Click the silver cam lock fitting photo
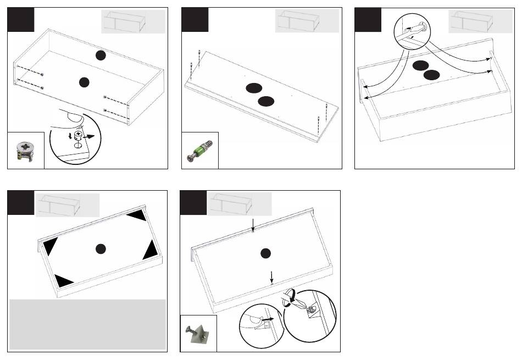(25, 150)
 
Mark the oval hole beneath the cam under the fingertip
(79, 146)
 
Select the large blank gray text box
(88, 324)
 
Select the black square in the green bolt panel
(195, 20)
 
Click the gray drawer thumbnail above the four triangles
(68, 205)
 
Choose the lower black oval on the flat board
(266, 100)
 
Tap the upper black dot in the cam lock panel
(99, 54)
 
